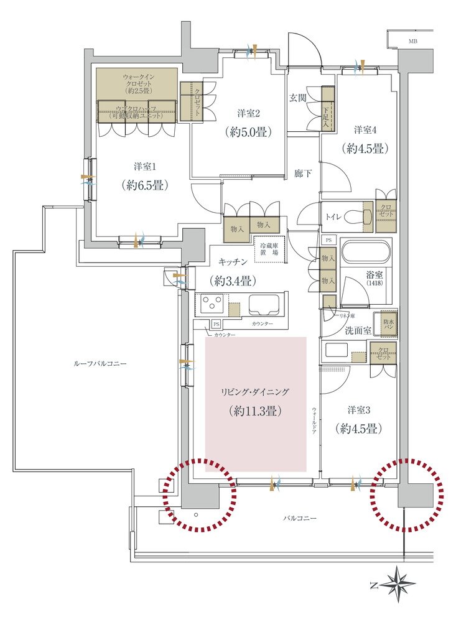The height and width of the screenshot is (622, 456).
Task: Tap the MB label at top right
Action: click(413, 42)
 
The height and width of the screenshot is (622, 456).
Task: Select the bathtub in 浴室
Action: click(366, 254)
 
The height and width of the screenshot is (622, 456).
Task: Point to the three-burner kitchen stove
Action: click(212, 305)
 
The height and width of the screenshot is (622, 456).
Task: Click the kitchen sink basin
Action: click(266, 305)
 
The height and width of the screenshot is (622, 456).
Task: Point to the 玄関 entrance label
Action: click(297, 98)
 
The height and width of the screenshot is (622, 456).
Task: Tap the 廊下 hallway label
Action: click(302, 175)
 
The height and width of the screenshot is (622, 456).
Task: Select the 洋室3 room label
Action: click(359, 410)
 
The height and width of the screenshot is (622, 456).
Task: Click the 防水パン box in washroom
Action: click(389, 323)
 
